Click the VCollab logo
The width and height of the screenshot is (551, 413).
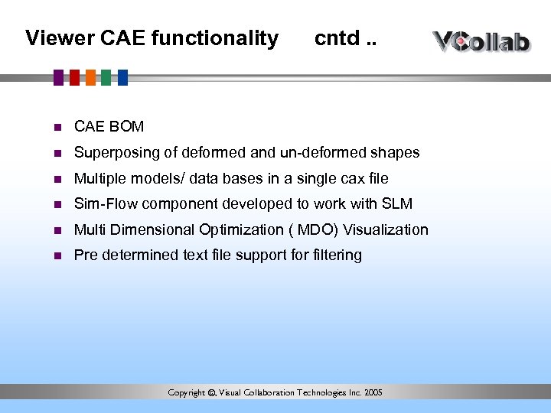pos(481,41)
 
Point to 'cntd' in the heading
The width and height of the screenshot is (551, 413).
pos(336,38)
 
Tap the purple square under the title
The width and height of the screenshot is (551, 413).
pos(59,77)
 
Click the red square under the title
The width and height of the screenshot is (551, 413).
pos(75,77)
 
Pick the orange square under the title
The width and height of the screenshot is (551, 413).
pos(91,77)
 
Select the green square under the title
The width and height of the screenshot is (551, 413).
pos(106,77)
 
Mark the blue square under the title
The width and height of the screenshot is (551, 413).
pos(122,77)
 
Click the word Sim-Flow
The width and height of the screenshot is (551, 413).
pos(105,204)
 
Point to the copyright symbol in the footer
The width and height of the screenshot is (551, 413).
pos(212,393)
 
